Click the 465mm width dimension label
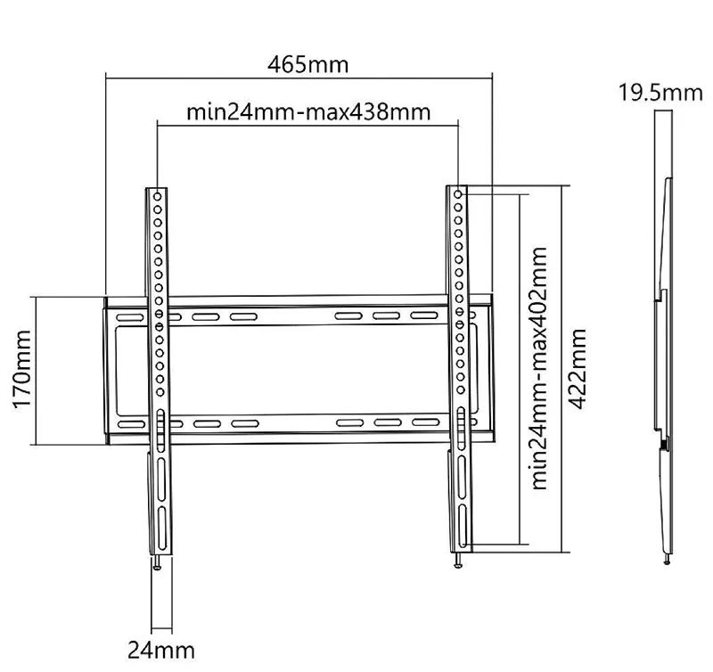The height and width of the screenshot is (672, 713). tap(307, 64)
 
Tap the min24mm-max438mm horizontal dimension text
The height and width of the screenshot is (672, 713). tap(308, 111)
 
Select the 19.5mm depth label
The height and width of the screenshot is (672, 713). tap(660, 93)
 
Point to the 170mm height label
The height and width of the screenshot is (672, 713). tap(22, 370)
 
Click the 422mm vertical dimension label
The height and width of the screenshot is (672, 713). tap(577, 369)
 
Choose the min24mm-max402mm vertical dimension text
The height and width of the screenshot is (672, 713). tap(539, 369)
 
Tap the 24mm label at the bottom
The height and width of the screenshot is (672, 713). tap(161, 651)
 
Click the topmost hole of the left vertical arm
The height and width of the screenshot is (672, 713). tap(158, 196)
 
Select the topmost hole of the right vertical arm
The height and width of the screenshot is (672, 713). tap(458, 194)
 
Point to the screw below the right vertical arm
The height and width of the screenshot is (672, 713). tap(458, 561)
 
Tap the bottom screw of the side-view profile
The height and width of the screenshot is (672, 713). tap(667, 559)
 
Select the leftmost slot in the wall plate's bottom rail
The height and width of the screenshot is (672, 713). tap(131, 424)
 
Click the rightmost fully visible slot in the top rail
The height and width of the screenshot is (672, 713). tap(424, 316)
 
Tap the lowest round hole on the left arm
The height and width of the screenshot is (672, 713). tap(160, 392)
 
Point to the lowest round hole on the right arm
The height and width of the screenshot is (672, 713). tap(461, 389)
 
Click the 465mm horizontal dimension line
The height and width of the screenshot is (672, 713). tap(299, 78)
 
